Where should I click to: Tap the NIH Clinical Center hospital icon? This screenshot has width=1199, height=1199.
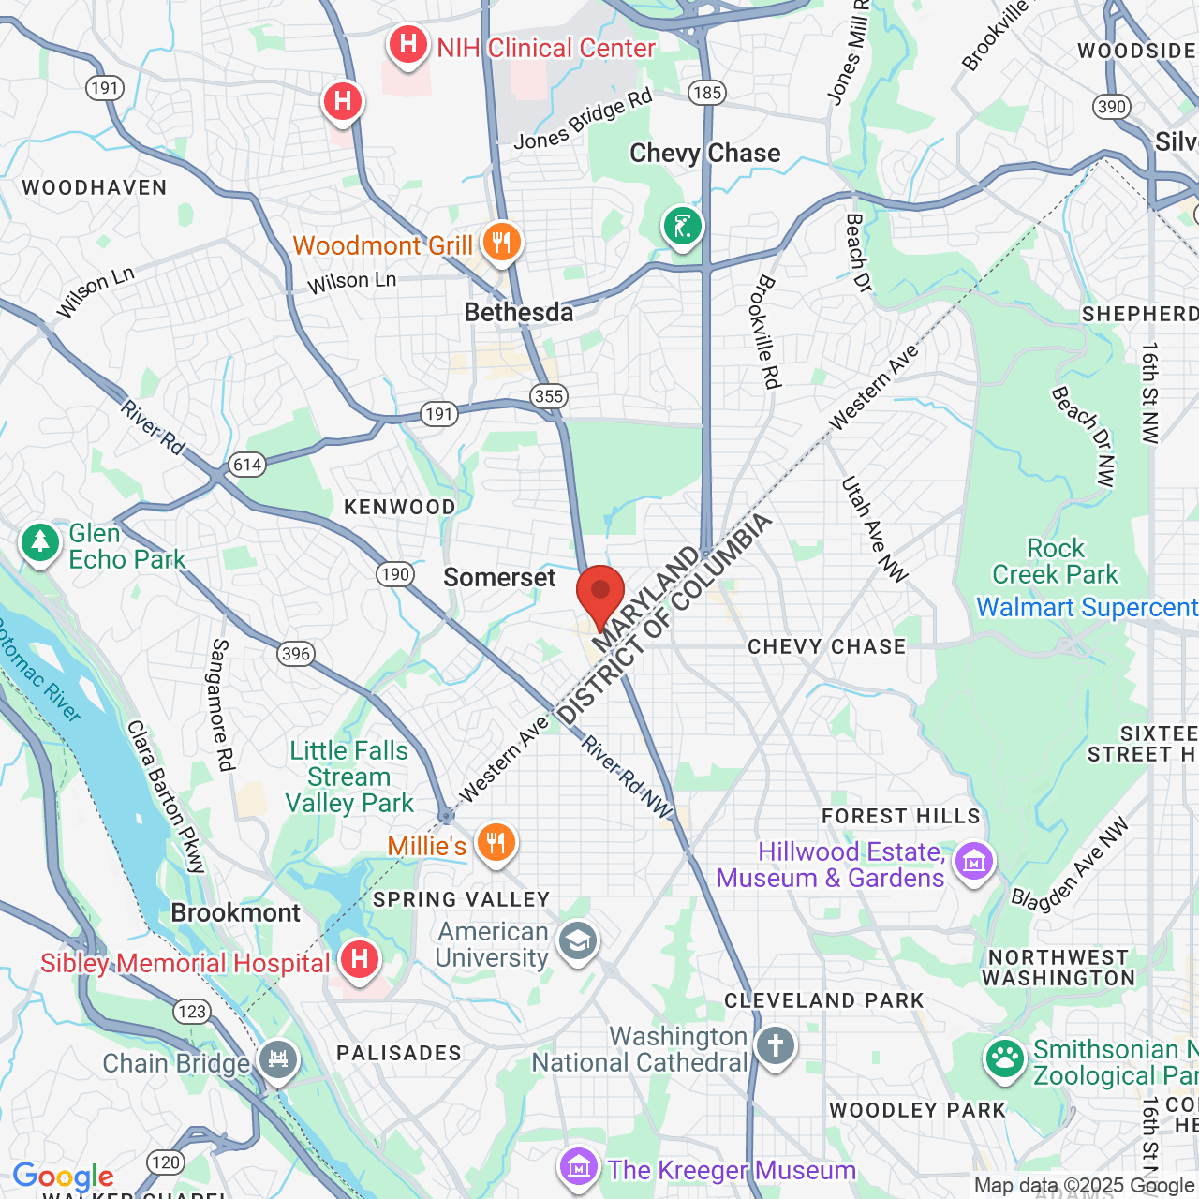tap(408, 45)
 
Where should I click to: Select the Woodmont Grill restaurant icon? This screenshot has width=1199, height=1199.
tap(502, 243)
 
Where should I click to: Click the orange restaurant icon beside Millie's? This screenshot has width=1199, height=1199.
tap(496, 843)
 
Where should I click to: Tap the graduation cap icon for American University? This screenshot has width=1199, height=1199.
tap(577, 941)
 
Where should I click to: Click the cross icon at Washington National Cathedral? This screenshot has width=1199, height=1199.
tap(776, 1045)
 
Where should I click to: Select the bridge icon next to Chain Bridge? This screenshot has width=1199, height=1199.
tap(278, 1060)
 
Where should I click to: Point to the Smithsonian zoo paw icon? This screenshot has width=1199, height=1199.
tap(1005, 1058)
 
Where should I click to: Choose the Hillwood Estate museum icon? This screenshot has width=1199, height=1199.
tap(974, 862)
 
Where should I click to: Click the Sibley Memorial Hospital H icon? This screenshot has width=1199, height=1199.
tap(359, 959)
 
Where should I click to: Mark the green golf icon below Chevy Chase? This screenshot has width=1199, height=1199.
tap(683, 226)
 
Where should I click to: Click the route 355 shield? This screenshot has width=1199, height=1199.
tap(548, 395)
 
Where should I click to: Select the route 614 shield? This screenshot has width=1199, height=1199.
tap(247, 465)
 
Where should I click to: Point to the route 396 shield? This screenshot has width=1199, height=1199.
tap(295, 654)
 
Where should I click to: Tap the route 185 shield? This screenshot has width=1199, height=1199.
tap(706, 92)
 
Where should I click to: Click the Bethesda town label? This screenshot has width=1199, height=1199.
tap(519, 312)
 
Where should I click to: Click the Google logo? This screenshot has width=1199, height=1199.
tap(63, 1177)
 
